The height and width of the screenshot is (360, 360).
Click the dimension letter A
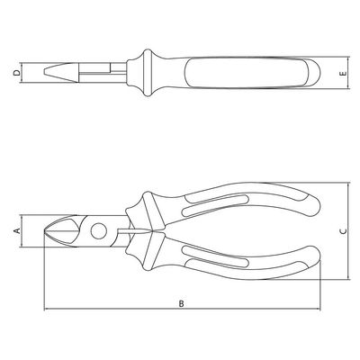click(x=17, y=230)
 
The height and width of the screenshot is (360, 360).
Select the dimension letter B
click(x=181, y=303)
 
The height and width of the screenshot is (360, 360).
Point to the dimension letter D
click(x=17, y=73)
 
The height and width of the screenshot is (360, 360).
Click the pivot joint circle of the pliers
click(x=99, y=231)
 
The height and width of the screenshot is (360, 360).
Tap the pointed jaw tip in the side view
click(x=45, y=231)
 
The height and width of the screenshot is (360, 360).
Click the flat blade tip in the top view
click(x=45, y=72)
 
